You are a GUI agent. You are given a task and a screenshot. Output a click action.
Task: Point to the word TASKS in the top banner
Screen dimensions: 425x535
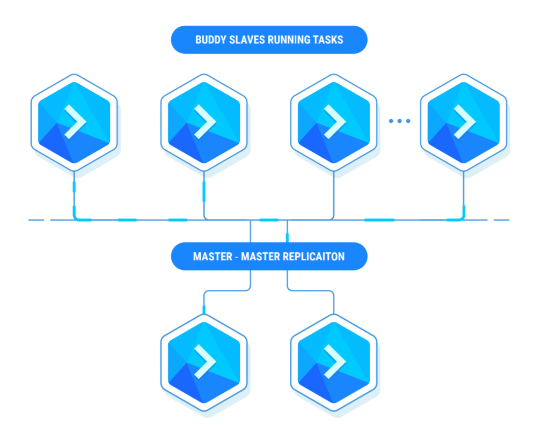click(328, 40)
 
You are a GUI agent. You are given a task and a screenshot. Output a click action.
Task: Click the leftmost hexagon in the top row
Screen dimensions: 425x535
click(74, 122)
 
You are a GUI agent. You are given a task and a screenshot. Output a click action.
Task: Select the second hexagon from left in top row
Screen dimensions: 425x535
click(204, 122)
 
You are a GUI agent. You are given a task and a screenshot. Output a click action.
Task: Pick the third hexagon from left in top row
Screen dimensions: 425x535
click(334, 122)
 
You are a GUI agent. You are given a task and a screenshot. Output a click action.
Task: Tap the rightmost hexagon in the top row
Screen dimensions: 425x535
click(464, 122)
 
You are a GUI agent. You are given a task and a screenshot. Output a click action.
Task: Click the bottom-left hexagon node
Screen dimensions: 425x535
click(204, 363)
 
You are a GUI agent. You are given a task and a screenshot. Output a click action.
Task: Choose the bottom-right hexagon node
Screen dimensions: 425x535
click(334, 363)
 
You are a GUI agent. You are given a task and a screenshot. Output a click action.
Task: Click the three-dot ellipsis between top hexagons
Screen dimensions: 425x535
click(399, 121)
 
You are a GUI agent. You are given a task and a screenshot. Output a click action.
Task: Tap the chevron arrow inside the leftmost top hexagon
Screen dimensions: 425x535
click(75, 121)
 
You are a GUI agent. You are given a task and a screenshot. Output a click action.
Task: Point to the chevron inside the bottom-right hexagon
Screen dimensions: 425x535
click(335, 362)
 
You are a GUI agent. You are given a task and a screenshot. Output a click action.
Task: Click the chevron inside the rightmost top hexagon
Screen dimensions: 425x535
click(465, 121)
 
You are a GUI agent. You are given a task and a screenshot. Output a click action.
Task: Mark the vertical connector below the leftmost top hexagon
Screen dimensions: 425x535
click(74, 193)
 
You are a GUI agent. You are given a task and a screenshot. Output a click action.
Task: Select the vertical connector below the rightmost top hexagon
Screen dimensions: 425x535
click(464, 193)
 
